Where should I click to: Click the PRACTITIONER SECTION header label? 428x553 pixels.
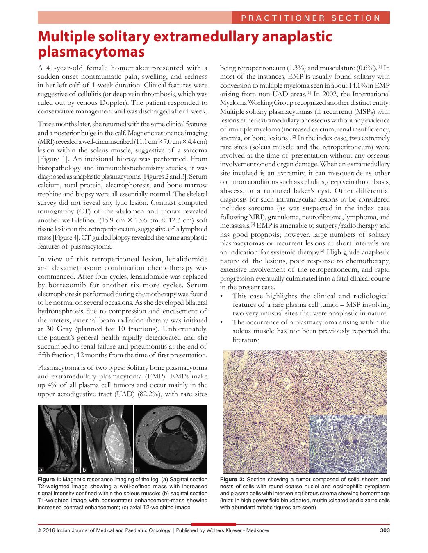310,18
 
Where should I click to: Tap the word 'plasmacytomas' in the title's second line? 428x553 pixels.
91,52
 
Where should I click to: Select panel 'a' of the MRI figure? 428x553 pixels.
59,439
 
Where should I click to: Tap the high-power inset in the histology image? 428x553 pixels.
347,443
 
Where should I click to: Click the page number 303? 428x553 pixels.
385,530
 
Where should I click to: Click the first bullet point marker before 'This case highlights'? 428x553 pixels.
222,296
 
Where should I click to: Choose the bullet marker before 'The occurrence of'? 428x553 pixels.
222,322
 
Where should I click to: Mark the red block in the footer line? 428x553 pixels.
214,524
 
